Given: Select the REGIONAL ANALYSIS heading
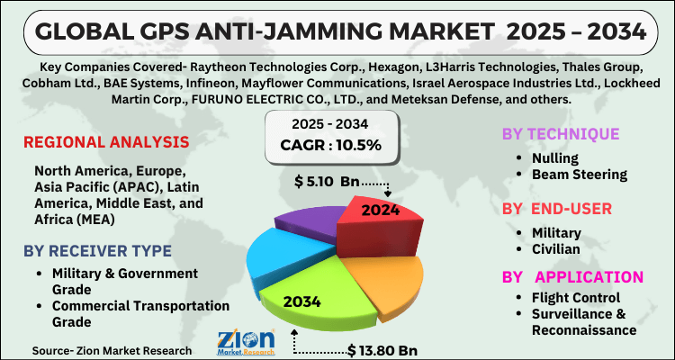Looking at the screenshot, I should click(106, 142).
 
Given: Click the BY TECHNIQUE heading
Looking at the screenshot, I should click(560, 134).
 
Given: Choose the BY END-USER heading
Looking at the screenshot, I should click(558, 208).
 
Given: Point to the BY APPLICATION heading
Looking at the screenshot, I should click(572, 276).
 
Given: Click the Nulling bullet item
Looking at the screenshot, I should click(548, 157).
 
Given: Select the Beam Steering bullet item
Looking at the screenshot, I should click(574, 174).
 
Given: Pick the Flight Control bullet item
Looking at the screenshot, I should click(573, 298).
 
